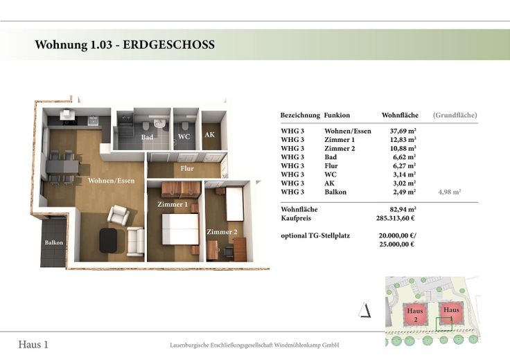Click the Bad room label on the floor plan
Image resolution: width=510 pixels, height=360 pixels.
tap(147, 137)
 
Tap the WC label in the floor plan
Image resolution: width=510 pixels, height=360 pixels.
tap(184, 136)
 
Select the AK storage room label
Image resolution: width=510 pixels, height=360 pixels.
tap(210, 134)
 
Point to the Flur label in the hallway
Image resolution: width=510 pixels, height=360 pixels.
tap(187, 168)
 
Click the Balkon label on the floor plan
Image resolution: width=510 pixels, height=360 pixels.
tap(54, 242)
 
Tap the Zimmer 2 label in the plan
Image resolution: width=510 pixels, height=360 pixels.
tap(222, 232)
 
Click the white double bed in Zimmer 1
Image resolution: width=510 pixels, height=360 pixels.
tap(180, 229)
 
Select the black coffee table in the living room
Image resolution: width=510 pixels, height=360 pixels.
tap(108, 240)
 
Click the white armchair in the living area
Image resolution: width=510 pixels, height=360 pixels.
tap(118, 215)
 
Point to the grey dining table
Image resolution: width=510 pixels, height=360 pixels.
tap(62, 167)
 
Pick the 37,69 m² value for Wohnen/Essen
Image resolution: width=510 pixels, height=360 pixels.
tap(403, 132)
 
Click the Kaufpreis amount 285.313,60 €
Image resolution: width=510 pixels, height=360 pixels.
tap(396, 218)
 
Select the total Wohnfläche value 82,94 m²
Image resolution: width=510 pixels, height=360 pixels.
tap(403, 209)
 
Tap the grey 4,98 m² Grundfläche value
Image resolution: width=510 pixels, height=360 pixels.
tap(450, 192)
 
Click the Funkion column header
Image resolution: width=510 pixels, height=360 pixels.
tap(337, 115)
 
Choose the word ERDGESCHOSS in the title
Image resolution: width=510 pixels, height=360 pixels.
tap(168, 44)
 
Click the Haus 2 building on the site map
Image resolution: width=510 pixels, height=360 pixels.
tap(415, 315)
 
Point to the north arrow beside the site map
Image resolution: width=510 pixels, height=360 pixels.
tap(365, 310)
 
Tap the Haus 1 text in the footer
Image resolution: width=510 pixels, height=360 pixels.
tap(33, 344)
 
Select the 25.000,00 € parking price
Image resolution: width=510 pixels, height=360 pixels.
tap(397, 244)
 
